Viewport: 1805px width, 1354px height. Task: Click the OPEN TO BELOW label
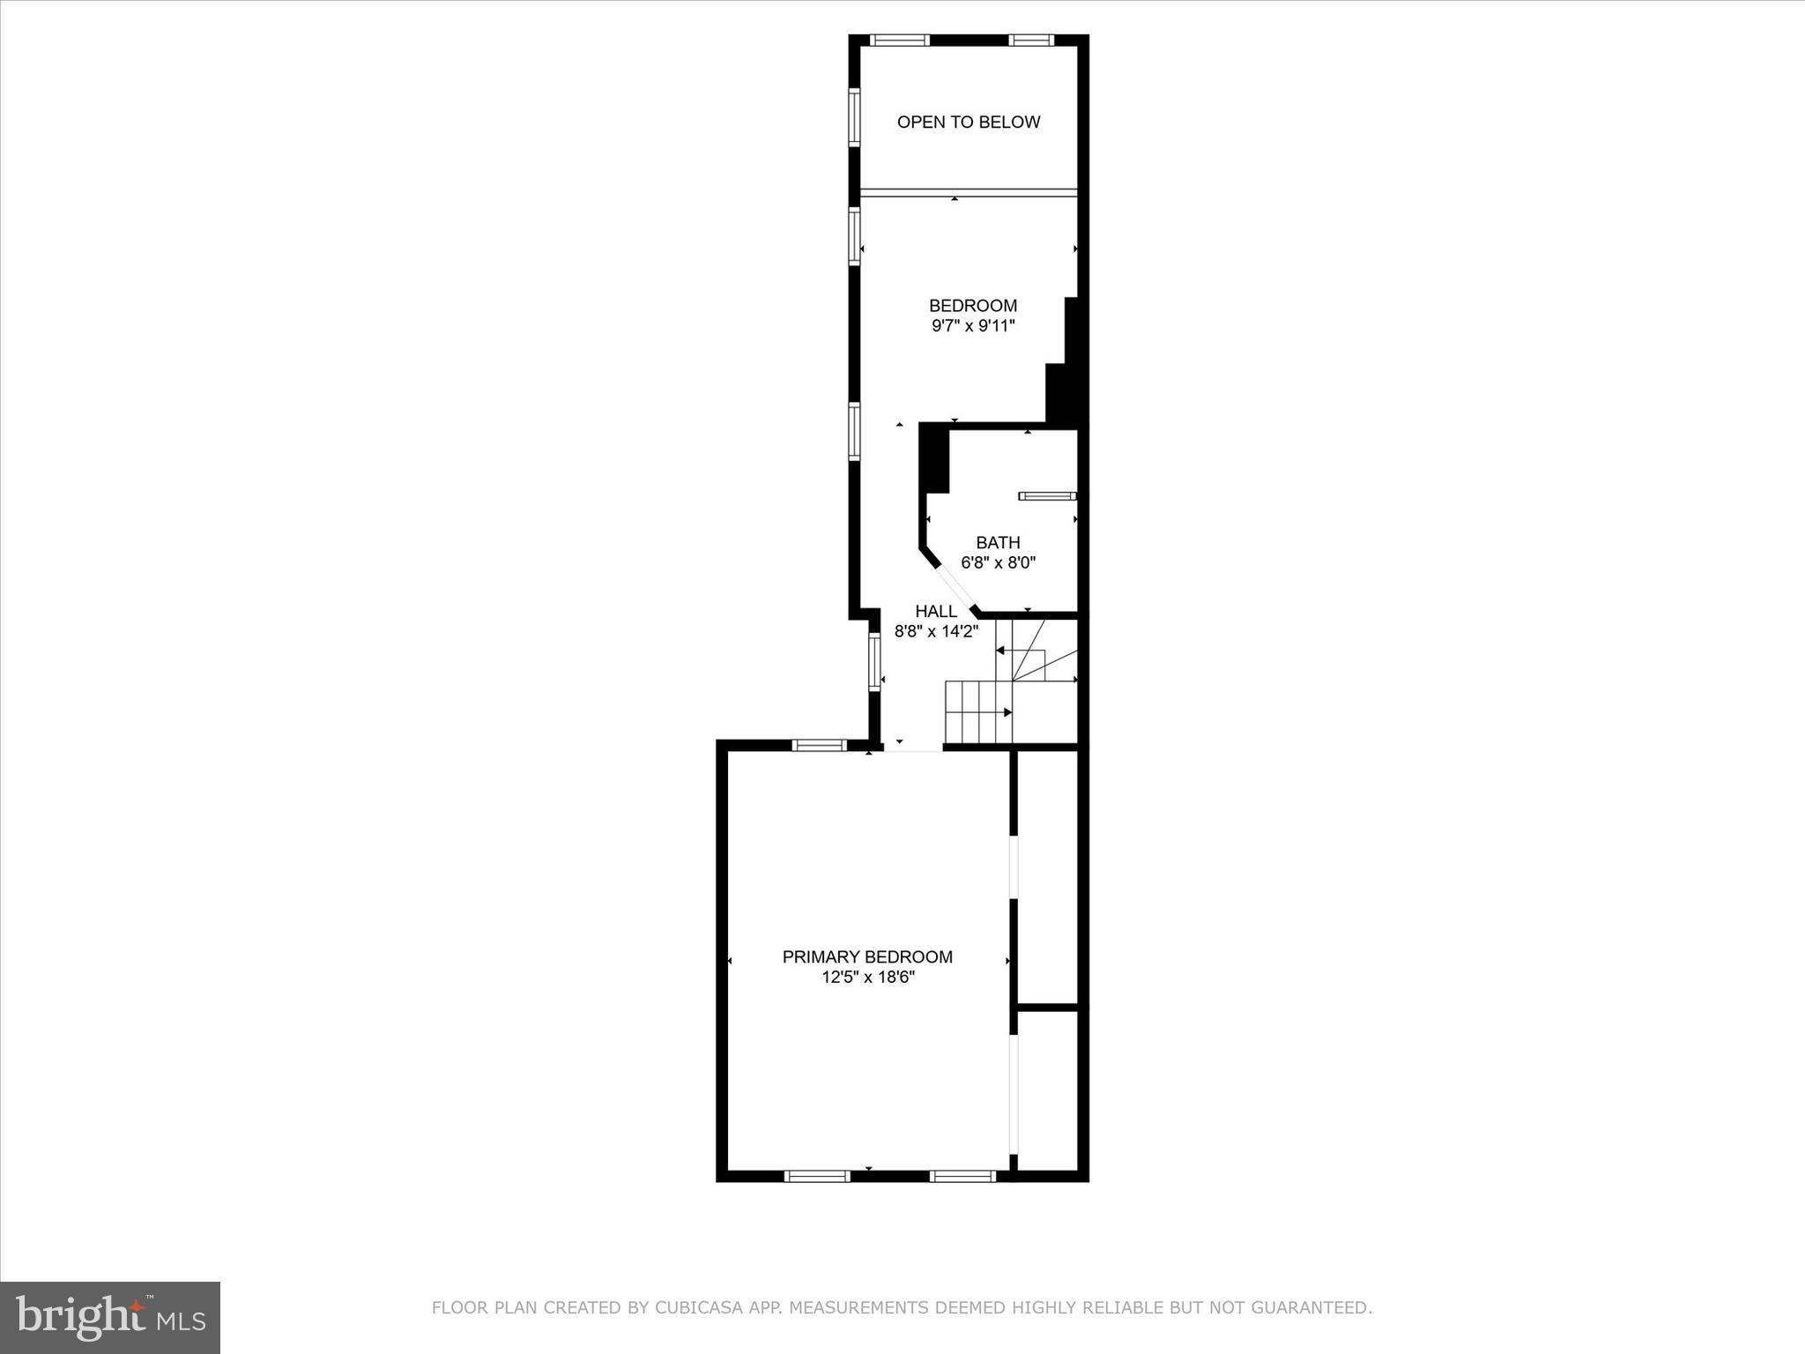(968, 123)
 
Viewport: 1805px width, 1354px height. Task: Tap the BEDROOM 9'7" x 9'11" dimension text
(973, 326)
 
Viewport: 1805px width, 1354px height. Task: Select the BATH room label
(998, 543)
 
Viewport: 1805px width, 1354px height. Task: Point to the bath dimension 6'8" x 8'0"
(998, 563)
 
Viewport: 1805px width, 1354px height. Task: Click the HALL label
(936, 611)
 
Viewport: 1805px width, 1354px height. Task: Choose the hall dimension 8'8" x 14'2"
(936, 631)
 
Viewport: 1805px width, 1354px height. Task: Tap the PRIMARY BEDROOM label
(867, 956)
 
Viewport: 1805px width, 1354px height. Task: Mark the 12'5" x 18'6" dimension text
(867, 977)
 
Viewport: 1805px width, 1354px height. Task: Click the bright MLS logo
(110, 1317)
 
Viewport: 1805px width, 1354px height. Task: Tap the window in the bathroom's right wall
(1048, 496)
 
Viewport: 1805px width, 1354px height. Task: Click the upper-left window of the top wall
(899, 40)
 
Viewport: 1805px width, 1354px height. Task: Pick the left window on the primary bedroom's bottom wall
(817, 1176)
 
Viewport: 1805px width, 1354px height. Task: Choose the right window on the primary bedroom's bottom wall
(962, 1176)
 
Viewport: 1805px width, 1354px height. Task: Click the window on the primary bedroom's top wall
(819, 746)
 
